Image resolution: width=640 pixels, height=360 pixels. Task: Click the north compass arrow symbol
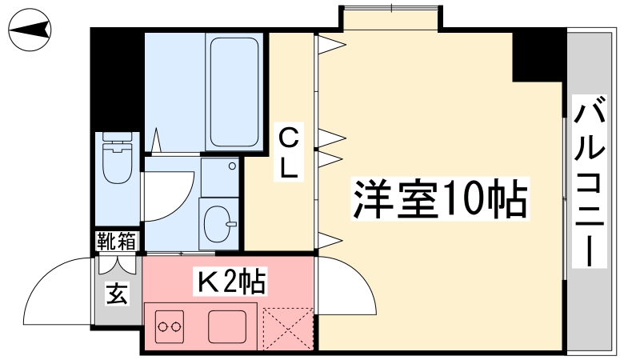[x=30, y=30]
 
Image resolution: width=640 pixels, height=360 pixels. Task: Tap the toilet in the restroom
[x=118, y=157]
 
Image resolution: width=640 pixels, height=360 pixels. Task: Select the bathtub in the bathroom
[x=234, y=92]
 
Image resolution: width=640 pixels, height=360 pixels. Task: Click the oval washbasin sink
[x=218, y=224]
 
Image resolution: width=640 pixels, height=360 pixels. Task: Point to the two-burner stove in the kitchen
[x=170, y=326]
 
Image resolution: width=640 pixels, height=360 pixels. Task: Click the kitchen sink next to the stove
[x=227, y=326]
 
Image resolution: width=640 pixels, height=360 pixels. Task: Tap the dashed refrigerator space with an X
[x=288, y=329]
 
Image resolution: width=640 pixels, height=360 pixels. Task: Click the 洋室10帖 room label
[x=440, y=198]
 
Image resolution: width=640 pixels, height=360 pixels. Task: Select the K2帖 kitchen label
[x=230, y=282]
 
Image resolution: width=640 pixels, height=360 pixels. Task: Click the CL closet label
[x=289, y=152]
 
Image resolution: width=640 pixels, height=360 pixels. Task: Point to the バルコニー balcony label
[x=589, y=182]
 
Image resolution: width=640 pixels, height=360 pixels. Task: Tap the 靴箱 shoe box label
[x=117, y=242]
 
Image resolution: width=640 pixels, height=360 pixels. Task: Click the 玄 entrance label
[x=118, y=293]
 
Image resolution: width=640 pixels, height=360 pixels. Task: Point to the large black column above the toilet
[x=117, y=79]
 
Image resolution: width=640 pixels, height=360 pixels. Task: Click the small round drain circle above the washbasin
[x=232, y=166]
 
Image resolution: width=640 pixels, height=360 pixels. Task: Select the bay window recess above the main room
[x=391, y=18]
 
